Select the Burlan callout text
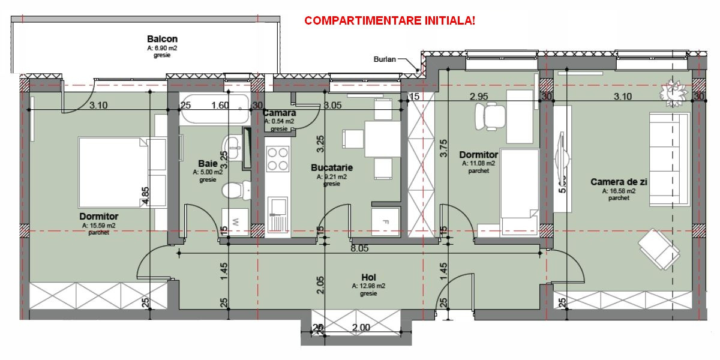[385, 59]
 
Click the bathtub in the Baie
[215, 109]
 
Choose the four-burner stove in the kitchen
[277, 159]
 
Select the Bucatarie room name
[331, 168]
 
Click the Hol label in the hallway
[368, 277]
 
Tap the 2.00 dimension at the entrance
[361, 328]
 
